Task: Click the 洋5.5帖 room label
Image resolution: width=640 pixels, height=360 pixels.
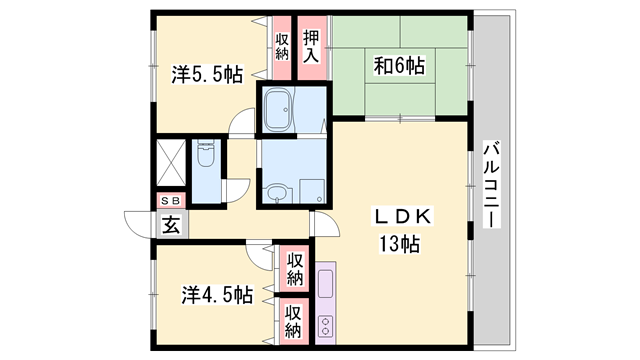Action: [x=206, y=74]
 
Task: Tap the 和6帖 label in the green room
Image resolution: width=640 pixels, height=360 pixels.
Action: [x=399, y=66]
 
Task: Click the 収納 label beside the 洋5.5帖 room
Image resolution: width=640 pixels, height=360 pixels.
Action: [x=282, y=46]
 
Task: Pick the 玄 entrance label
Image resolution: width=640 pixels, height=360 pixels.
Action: [x=170, y=223]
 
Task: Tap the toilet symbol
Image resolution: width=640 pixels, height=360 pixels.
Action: [x=206, y=155]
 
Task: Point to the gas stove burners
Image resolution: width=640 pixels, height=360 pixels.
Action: [x=326, y=324]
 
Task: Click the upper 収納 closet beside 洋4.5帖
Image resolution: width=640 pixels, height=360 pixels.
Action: [x=295, y=268]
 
